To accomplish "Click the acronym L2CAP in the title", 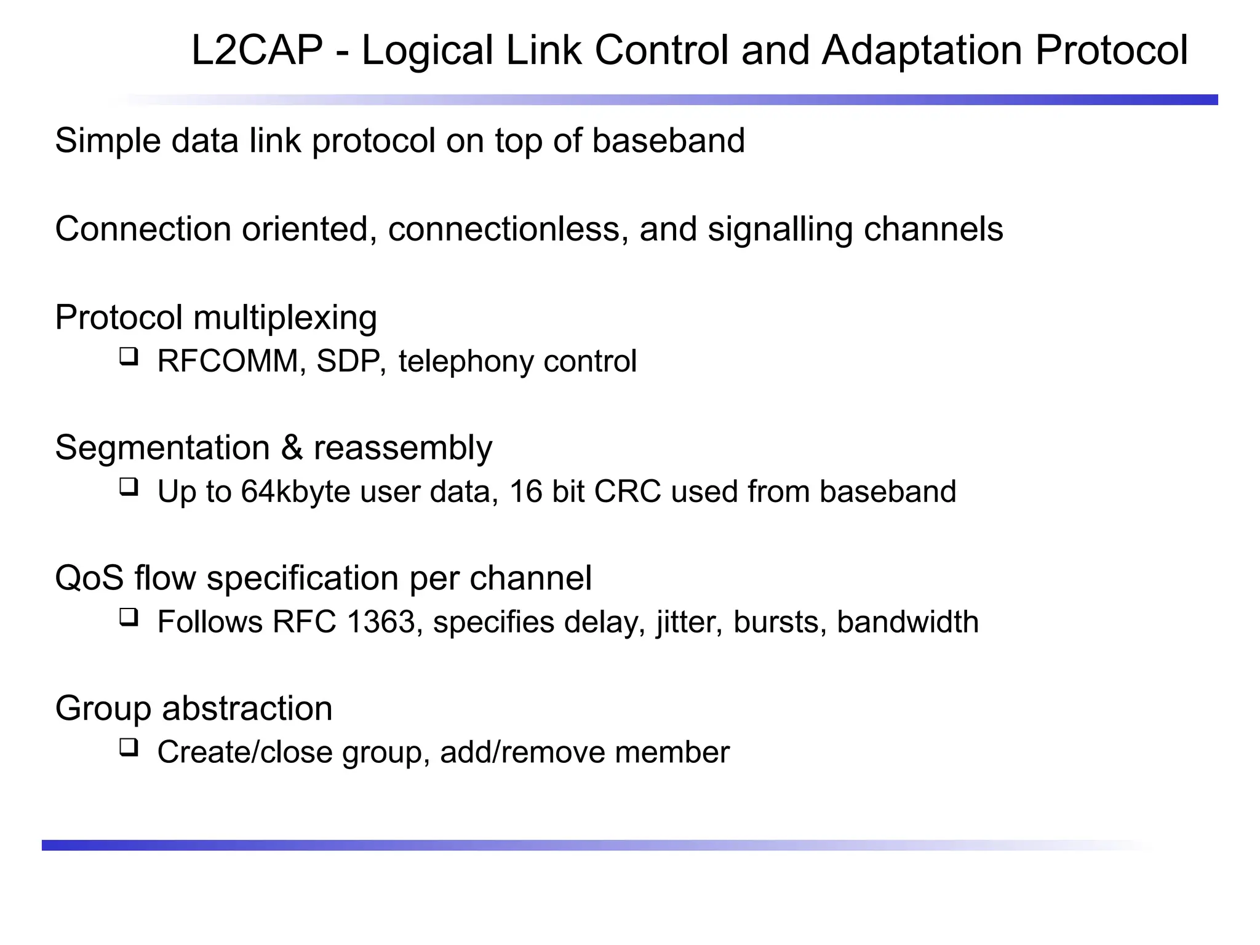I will [x=257, y=50].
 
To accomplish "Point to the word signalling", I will [x=780, y=229].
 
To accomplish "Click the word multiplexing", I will [x=285, y=317].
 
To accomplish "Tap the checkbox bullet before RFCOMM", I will [x=129, y=356].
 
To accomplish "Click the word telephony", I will [x=465, y=361].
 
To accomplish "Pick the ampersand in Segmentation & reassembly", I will [x=292, y=447].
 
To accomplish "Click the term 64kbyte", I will [x=295, y=492].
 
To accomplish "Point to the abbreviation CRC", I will [x=628, y=492].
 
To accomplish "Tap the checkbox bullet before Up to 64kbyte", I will [x=129, y=487].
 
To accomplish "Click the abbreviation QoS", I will [x=90, y=578].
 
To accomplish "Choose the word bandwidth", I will [x=907, y=622].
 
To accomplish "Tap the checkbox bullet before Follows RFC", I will [x=129, y=617].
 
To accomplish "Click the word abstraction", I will [x=247, y=708].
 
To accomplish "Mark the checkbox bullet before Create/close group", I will [x=129, y=748].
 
